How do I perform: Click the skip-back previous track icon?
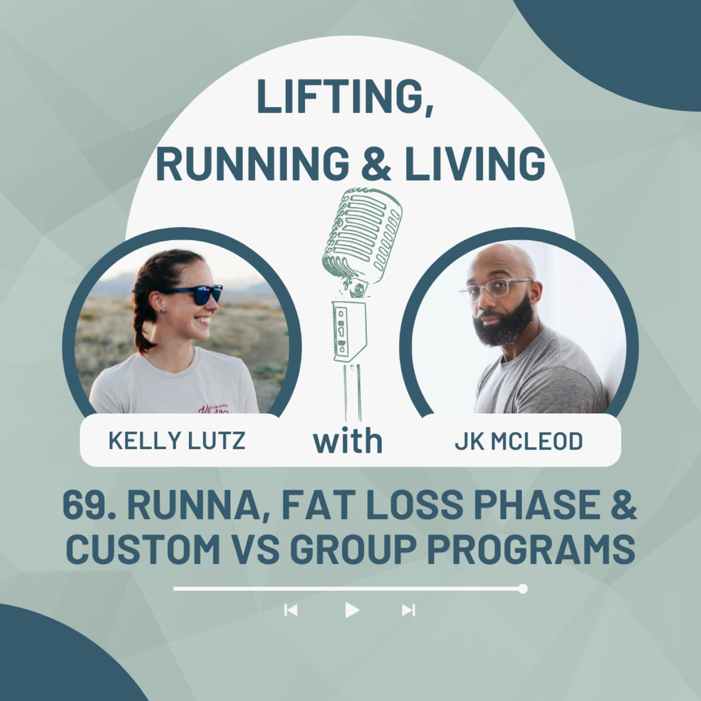tap(291, 610)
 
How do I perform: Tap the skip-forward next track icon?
tap(408, 610)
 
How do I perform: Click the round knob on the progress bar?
tap(523, 589)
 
